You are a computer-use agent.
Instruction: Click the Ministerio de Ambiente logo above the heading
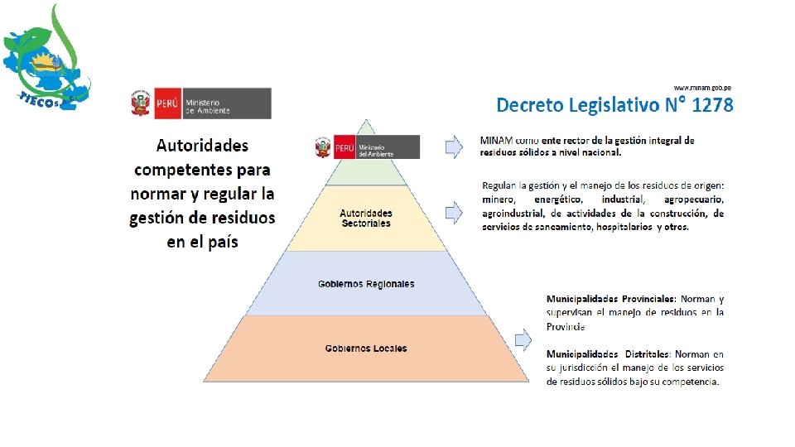click(x=200, y=103)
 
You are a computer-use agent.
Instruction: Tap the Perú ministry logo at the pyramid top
click(x=366, y=147)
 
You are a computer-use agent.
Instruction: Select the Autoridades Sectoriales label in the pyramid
click(x=366, y=219)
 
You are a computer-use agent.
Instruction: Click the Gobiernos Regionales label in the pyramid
click(x=366, y=284)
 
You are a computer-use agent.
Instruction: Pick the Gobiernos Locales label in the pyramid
click(x=366, y=348)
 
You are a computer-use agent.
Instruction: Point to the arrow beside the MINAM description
click(x=454, y=147)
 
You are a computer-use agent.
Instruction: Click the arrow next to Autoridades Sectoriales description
click(x=454, y=213)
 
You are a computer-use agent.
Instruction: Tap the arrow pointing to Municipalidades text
click(x=523, y=339)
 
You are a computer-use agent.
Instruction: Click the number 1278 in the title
click(x=712, y=105)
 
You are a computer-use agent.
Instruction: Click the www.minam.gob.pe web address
click(x=702, y=87)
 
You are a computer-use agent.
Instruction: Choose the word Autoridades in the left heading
click(x=202, y=146)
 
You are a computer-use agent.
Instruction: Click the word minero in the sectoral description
click(x=499, y=199)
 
